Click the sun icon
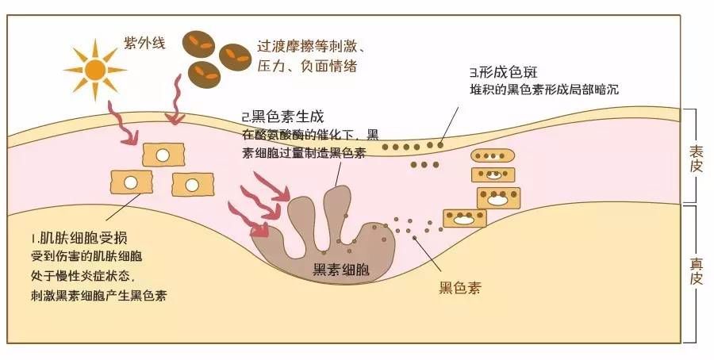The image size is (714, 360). pyautogui.click(x=94, y=70)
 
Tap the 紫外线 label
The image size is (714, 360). pyautogui.click(x=144, y=41)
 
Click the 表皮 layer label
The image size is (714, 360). pyautogui.click(x=696, y=155)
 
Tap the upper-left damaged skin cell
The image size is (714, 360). pyautogui.click(x=163, y=155)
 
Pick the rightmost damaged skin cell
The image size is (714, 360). pyautogui.click(x=194, y=183)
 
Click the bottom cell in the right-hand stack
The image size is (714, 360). pyautogui.click(x=464, y=218)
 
